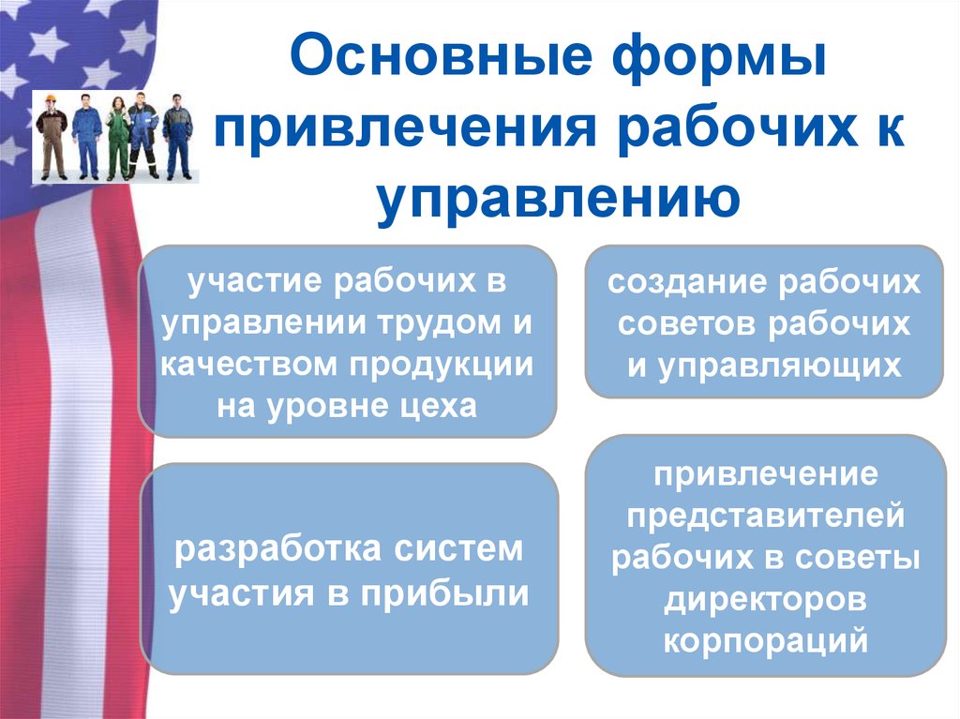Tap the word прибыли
[459, 592]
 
